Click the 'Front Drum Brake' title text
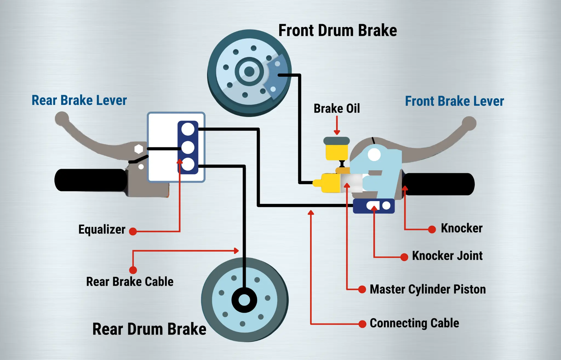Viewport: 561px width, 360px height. coord(337,30)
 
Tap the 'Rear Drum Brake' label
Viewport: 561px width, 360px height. coord(149,329)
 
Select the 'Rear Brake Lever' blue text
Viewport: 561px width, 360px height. coord(79,100)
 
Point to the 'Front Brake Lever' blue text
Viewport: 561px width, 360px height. coord(454,101)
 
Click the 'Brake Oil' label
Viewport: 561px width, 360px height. coord(337,108)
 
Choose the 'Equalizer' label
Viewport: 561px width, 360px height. coord(102,230)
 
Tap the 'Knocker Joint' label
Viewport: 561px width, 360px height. coord(447,256)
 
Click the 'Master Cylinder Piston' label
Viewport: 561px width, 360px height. coord(428,289)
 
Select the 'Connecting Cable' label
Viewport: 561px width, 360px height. coord(414,323)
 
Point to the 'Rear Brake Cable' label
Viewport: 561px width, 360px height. coord(130,282)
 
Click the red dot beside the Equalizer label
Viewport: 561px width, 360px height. coord(133,232)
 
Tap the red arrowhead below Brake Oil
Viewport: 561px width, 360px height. coord(337,132)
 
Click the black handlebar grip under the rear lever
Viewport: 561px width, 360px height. coord(90,180)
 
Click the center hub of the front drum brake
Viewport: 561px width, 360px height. coord(249,72)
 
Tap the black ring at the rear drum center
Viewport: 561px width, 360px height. coord(244,300)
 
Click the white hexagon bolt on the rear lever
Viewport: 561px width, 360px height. coord(139,149)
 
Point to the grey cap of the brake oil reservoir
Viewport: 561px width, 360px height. coord(337,141)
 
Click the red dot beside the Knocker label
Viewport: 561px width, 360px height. coord(432,229)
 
